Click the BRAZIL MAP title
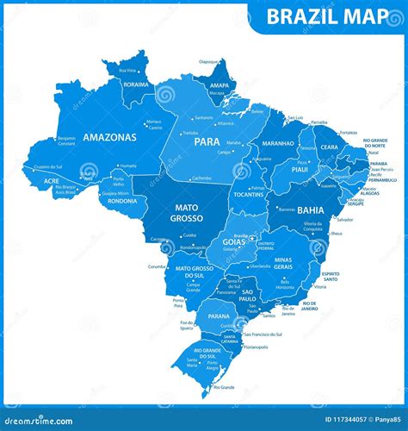coord(330,15)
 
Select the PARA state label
coord(207,141)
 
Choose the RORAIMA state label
coord(136,84)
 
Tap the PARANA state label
coord(219,316)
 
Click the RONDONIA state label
coord(122,201)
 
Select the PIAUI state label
coord(300,170)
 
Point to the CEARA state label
coord(329,147)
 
